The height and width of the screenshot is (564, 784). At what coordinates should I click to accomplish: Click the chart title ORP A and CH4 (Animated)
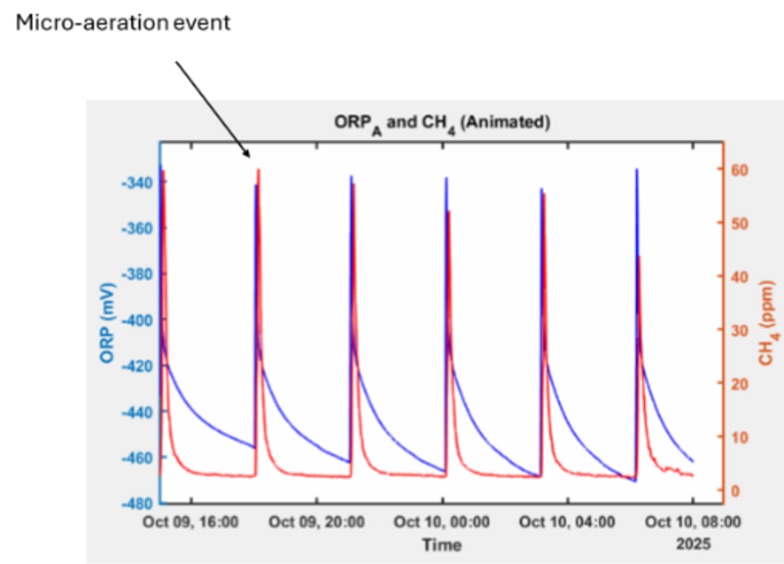439,123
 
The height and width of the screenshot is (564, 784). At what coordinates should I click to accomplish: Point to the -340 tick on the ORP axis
135,183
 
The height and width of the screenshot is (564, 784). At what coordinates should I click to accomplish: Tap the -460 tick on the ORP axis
135,457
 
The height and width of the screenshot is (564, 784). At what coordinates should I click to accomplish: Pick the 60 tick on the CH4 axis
741,169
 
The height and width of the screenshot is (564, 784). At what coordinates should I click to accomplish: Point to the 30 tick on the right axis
741,330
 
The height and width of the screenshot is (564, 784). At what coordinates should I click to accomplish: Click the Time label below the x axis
441,544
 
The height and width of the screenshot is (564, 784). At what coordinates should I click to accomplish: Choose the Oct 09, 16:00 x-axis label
190,522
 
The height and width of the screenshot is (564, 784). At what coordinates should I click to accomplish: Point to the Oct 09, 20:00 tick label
317,522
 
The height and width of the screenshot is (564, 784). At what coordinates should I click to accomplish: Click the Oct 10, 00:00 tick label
441,522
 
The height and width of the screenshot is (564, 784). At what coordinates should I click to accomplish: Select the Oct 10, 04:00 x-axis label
566,522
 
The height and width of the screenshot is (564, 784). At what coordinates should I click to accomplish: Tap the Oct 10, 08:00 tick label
692,522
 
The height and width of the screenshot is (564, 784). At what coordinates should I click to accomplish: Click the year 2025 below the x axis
692,542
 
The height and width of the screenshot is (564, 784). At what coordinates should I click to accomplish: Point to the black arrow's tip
250,157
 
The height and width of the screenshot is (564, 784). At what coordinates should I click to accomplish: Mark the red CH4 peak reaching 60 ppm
259,170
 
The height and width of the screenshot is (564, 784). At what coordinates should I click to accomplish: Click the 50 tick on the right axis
741,223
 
